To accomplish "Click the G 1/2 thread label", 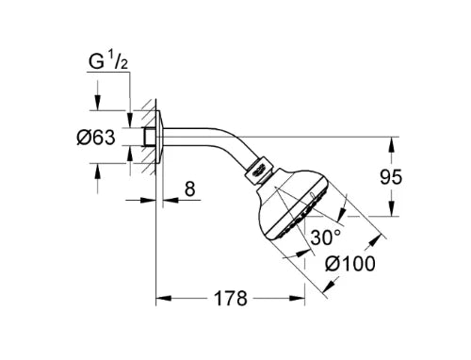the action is (108, 61).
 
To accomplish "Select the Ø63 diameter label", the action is (96, 138).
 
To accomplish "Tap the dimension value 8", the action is (189, 189).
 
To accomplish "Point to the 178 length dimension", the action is (231, 298).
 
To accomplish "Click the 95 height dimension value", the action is (391, 176).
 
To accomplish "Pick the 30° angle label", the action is (326, 237).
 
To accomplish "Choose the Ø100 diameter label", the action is (350, 263).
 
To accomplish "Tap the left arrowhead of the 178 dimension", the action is (164, 298).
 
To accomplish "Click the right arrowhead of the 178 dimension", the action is (297, 298).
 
